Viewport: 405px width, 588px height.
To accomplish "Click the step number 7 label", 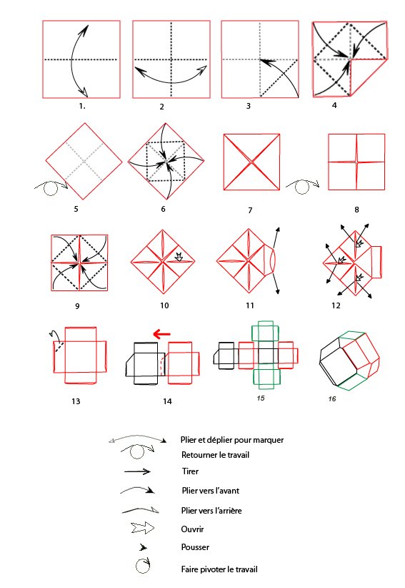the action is (x=250, y=210).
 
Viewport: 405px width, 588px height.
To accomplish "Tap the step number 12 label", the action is (x=336, y=305).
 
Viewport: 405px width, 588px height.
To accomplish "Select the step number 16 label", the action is (x=332, y=398).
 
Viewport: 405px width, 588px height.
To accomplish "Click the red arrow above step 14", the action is (x=161, y=334).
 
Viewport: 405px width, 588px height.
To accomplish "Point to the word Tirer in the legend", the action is (x=190, y=471).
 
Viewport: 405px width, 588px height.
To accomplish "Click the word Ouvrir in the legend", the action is (x=192, y=529).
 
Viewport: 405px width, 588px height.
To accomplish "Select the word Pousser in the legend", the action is (x=195, y=547).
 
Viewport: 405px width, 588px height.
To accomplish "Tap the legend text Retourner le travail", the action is (x=215, y=455).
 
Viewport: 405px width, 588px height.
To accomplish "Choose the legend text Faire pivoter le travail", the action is (x=219, y=569).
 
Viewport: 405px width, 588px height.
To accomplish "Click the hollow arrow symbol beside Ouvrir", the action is (x=143, y=528).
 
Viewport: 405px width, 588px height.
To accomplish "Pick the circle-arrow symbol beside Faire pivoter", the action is (x=143, y=566).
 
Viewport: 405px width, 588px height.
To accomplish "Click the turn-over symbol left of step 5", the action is (x=51, y=187).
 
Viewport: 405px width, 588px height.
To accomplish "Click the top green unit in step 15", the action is (x=265, y=330).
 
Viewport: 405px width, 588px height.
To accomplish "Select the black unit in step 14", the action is (x=145, y=363).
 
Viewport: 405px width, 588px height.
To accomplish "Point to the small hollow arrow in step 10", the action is (x=179, y=257).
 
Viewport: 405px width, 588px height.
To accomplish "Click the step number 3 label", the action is (x=248, y=106).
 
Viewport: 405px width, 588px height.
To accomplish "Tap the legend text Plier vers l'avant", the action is (x=211, y=491).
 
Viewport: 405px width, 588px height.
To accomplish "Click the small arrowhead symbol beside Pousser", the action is (x=143, y=547).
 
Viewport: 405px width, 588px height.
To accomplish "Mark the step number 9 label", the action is (x=77, y=306).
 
